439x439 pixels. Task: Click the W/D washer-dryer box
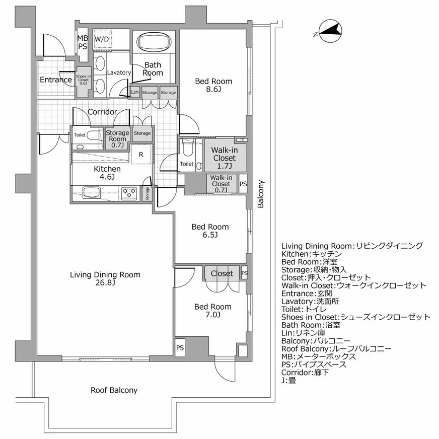pos(102,39)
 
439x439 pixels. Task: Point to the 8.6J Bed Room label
pos(213,85)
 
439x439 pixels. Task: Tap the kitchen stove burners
pos(129,191)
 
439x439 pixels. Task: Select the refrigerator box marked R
pos(141,155)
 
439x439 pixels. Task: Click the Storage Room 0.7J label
pos(117,139)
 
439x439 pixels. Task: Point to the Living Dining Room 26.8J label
pos(105,278)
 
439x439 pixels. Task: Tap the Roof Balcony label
pos(114,390)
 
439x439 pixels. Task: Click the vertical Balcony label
pos(261,194)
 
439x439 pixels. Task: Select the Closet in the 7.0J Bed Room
pos(222,273)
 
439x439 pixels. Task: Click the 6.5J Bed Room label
pos(210,231)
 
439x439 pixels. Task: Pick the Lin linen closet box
pos(134,92)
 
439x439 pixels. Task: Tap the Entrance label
pos(55,80)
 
